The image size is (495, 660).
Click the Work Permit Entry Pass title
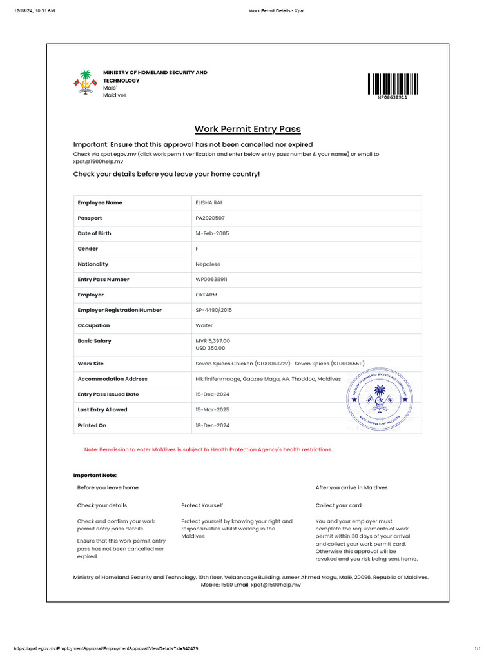[x=247, y=129]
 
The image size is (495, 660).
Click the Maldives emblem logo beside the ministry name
[x=85, y=82]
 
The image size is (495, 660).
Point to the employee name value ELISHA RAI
[x=208, y=203]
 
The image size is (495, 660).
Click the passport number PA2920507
[x=210, y=218]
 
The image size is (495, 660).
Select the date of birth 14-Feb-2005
[x=212, y=233]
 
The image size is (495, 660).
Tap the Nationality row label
[x=93, y=264]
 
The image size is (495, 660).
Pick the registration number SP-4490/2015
[x=213, y=310]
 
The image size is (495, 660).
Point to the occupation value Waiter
[x=204, y=325]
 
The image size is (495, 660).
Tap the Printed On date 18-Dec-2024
[x=212, y=425]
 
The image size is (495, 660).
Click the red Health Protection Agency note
[x=208, y=449]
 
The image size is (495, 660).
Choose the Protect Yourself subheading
[x=202, y=505]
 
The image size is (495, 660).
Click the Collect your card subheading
[x=338, y=505]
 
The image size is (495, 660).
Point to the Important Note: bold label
[x=95, y=475]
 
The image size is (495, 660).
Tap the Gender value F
[x=197, y=249]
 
